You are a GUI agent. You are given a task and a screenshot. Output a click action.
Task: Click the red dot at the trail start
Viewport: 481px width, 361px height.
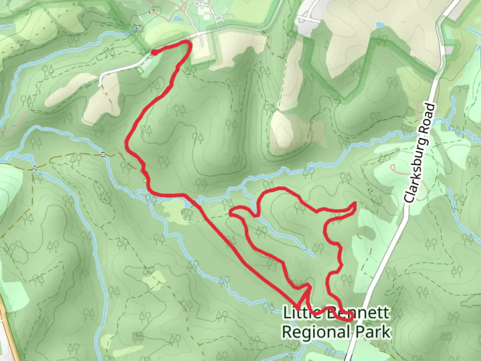[154, 52]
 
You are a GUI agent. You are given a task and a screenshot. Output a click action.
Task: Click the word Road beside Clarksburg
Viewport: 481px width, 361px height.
[430, 118]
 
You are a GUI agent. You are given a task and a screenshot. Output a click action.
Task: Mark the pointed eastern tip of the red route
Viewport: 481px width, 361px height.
[355, 203]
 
